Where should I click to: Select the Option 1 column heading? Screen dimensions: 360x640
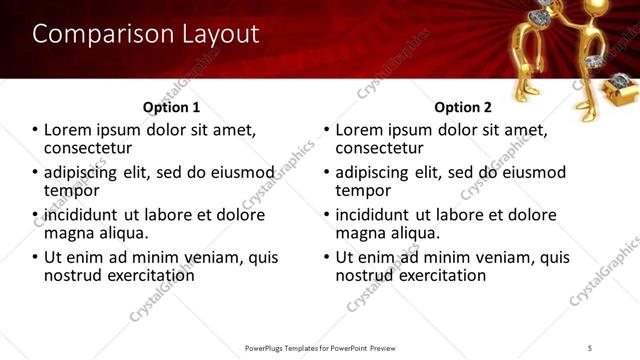click(171, 107)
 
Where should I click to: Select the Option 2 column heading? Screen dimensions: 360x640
click(463, 107)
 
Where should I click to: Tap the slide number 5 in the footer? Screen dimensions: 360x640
click(590, 348)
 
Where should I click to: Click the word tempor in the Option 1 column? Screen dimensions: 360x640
click(71, 190)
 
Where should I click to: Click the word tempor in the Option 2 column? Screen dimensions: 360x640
click(363, 190)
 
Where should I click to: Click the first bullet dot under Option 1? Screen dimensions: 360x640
click(35, 130)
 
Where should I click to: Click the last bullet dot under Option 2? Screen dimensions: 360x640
click(327, 257)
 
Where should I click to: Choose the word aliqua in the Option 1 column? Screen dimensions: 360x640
click(122, 232)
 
